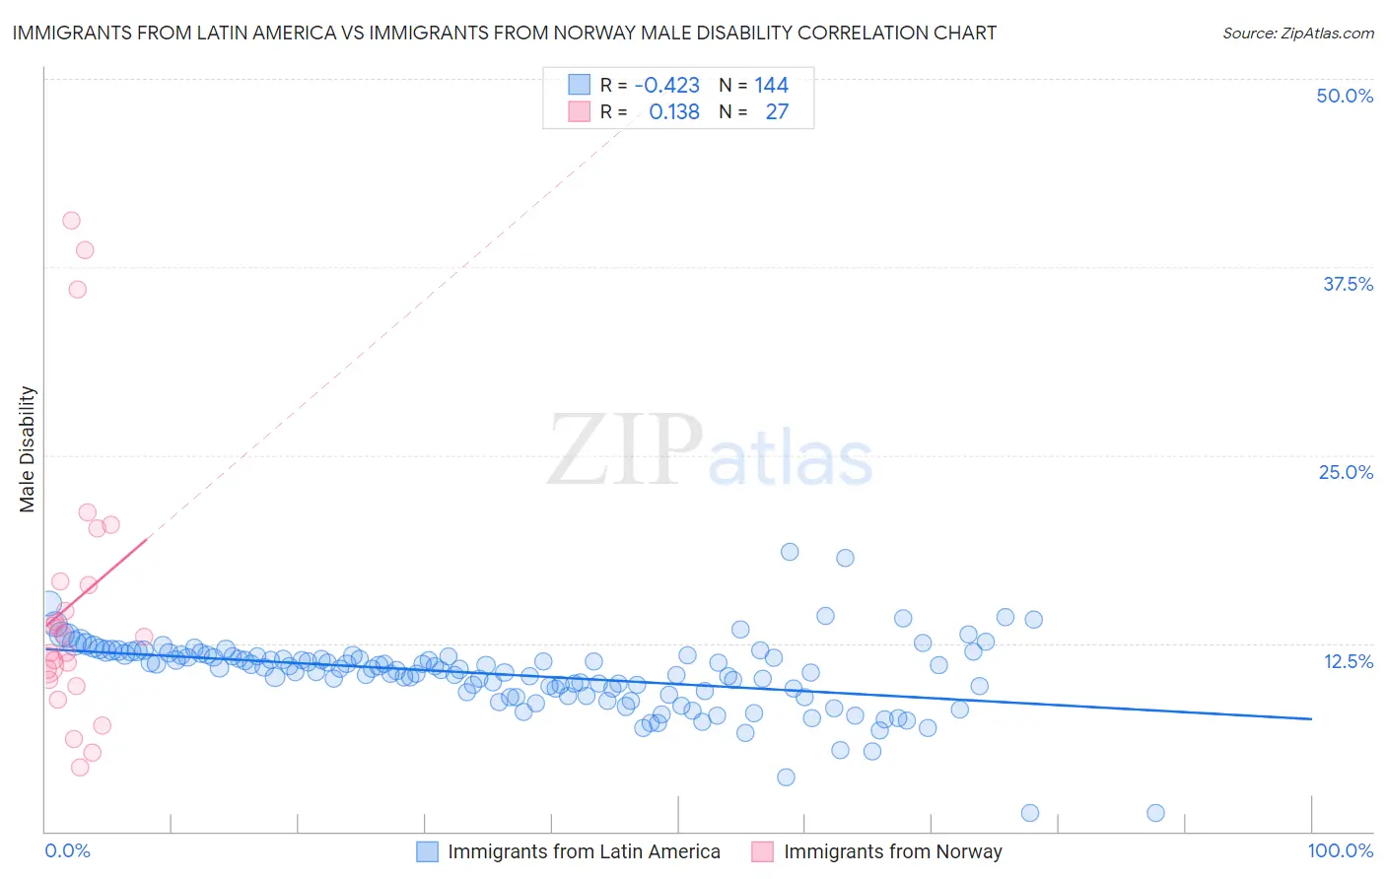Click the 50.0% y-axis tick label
pos(1345,96)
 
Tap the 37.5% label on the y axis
pos(1348,284)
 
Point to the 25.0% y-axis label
pos(1346,472)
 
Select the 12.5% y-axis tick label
pos(1348,661)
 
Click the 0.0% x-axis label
pos(67,850)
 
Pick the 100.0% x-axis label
pos(1340,850)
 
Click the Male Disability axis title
pos(28,448)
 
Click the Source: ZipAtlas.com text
pos(1297,33)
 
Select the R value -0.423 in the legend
pos(667,85)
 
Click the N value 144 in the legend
pos(771,85)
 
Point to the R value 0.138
pos(674,111)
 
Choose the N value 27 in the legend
pos(777,111)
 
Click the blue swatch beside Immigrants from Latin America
pos(427,851)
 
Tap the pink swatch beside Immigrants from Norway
pos(762,851)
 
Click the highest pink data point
pos(71,221)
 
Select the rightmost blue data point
pos(1155,813)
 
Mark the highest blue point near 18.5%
pos(790,552)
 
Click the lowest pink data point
pos(80,768)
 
